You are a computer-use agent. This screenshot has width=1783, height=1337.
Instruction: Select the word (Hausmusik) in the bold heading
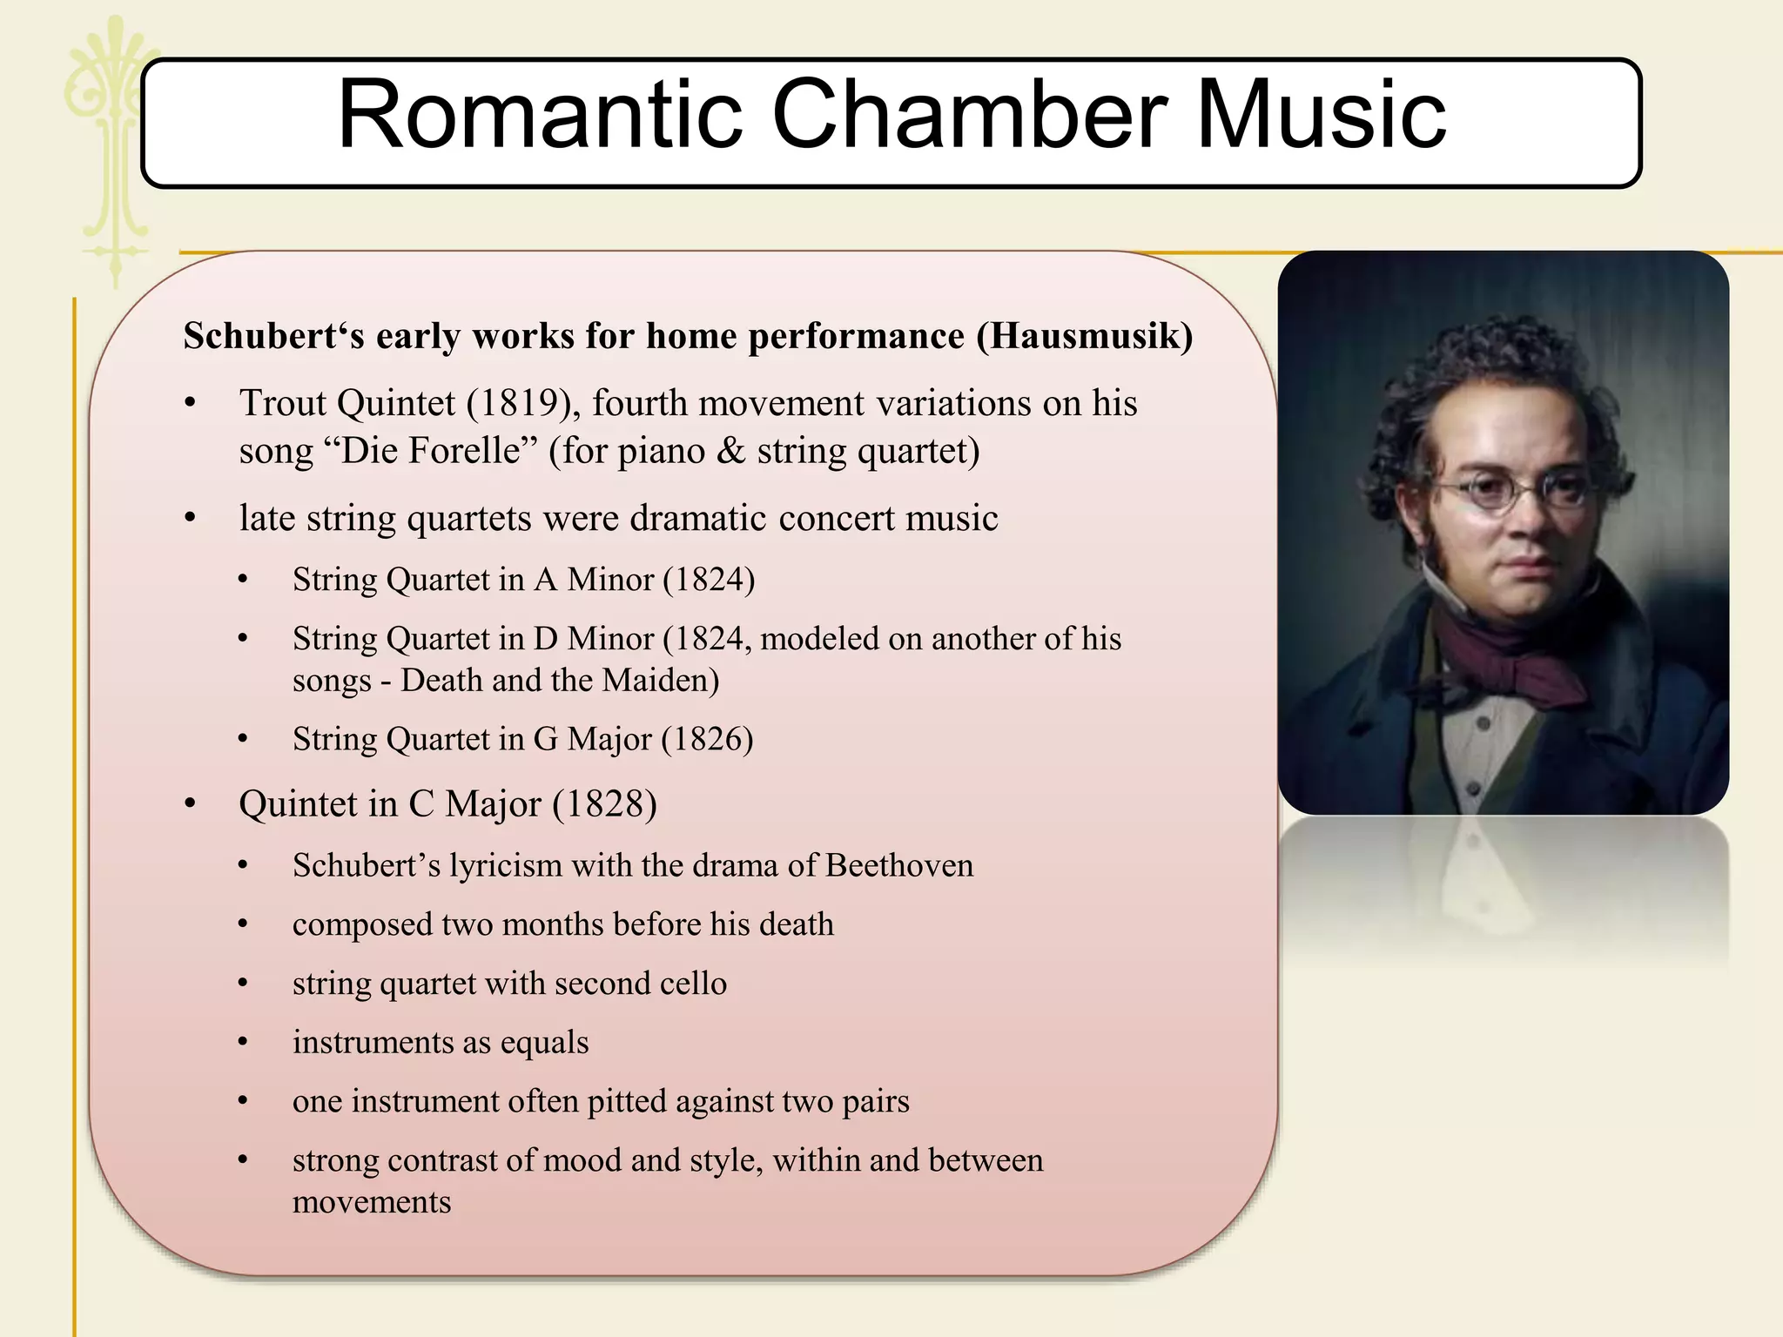(1084, 336)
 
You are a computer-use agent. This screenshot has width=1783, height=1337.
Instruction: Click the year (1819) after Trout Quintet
(523, 403)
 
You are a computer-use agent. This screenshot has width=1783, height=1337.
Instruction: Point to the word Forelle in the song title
(464, 451)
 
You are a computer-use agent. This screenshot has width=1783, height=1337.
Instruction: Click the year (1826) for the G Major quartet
(707, 739)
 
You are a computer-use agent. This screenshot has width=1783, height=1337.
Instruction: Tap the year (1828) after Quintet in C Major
(604, 803)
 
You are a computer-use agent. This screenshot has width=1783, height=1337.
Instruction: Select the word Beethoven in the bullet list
(899, 865)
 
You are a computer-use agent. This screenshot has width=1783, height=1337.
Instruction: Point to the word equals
(544, 1043)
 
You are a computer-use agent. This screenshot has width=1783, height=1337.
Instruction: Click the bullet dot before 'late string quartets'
(191, 519)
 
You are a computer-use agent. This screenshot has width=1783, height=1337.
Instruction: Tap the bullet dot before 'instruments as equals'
(243, 1042)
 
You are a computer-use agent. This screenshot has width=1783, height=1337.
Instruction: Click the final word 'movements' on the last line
(372, 1202)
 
